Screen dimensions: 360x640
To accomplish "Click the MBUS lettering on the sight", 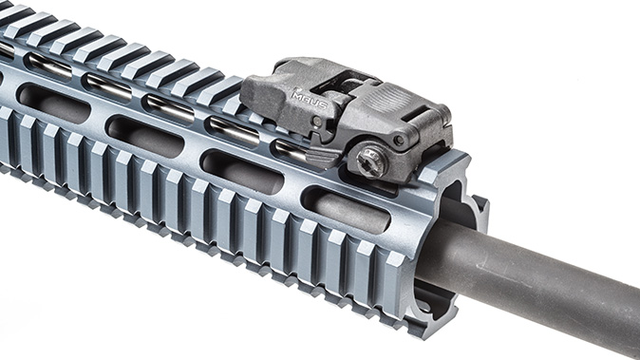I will coord(309,96).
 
